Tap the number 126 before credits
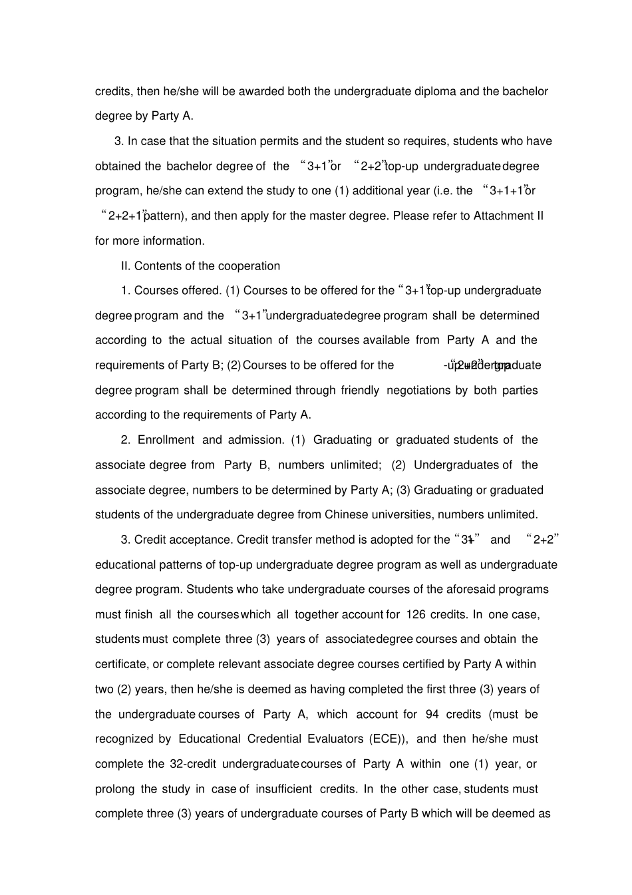[415, 614]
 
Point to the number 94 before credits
[432, 714]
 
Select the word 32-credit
[193, 764]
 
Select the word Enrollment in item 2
[166, 440]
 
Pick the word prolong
[114, 789]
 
